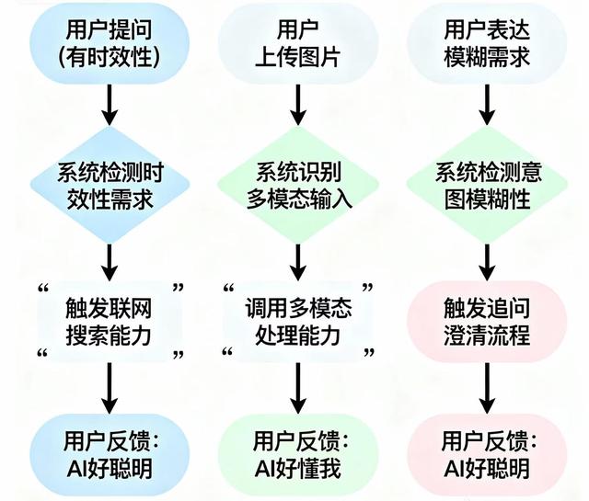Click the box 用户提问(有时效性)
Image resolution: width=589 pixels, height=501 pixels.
coord(110,43)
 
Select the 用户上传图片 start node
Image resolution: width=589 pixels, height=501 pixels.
coord(295,43)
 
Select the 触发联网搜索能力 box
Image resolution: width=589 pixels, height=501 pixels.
coord(110,321)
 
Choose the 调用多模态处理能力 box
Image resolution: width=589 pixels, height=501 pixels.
coord(295,321)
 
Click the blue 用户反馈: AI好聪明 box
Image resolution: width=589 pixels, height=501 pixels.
coord(110,454)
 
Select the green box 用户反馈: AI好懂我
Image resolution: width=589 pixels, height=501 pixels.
coord(295,454)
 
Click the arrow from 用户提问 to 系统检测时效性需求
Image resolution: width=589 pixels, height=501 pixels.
coord(110,107)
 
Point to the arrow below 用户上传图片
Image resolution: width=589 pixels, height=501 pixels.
coord(295,107)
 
